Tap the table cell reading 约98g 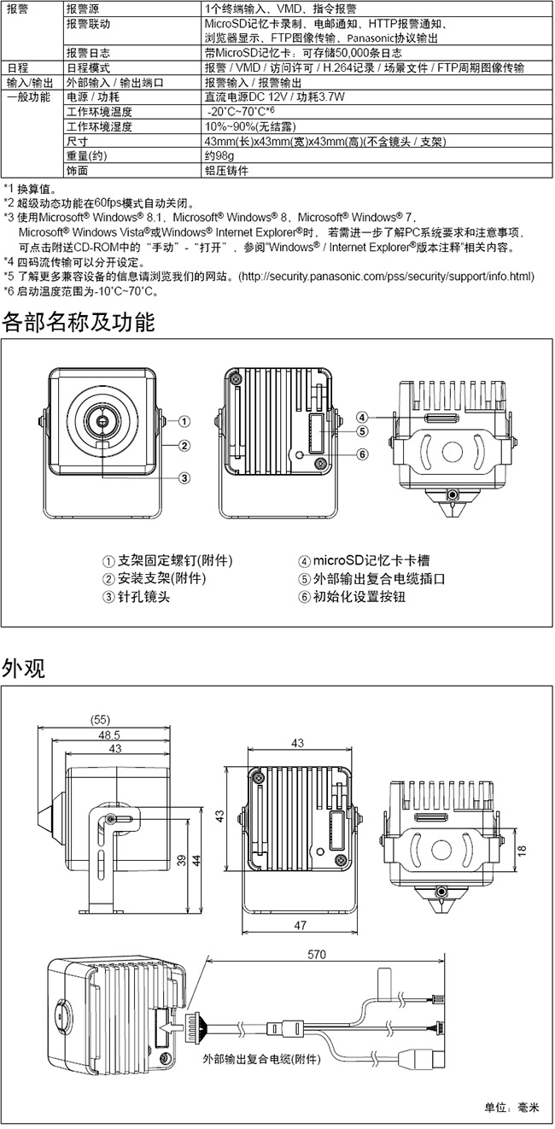(219, 156)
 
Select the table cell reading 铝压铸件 (226, 170)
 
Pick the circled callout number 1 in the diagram (184, 421)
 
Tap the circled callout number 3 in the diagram (184, 478)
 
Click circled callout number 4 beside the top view (363, 418)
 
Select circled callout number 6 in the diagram (363, 453)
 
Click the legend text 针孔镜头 (142, 597)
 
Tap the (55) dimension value (100, 719)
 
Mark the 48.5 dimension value (108, 734)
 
